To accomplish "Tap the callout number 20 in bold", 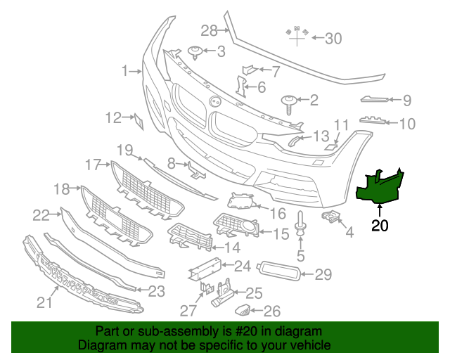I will (380, 226).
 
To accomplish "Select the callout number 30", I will (333, 39).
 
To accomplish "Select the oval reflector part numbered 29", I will (280, 271).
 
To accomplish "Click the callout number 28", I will (210, 30).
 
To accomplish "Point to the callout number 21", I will (45, 303).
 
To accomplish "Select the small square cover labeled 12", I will (139, 122).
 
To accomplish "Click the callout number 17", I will (94, 165).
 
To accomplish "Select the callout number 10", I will (407, 124).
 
